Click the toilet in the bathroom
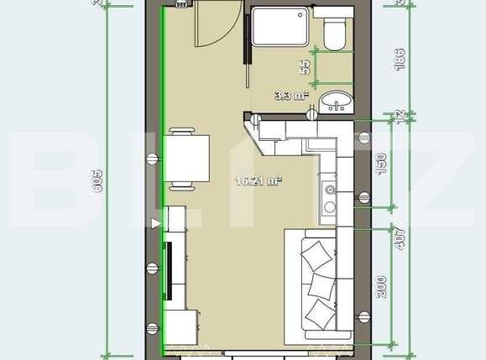click(333, 34)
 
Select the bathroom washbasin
click(338, 102)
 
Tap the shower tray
click(281, 29)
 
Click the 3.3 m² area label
click(289, 95)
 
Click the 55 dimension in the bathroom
click(306, 67)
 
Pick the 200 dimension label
click(382, 288)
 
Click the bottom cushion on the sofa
click(320, 314)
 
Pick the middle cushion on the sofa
click(322, 284)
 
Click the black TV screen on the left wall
click(168, 270)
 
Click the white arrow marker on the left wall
click(154, 222)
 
